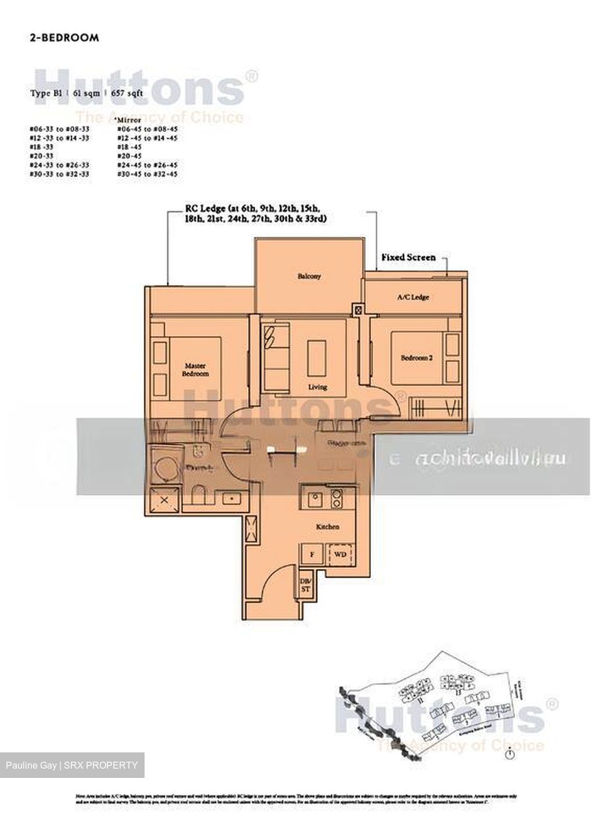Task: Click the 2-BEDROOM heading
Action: tap(64, 38)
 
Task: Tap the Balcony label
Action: tap(309, 276)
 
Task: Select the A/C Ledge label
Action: tap(413, 297)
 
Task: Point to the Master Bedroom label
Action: tap(196, 370)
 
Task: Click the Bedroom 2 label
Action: tap(416, 358)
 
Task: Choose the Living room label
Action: tap(318, 387)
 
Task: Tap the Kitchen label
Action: tap(327, 527)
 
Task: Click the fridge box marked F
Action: tap(312, 554)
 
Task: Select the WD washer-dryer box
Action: tap(340, 554)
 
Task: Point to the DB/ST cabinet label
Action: tap(305, 585)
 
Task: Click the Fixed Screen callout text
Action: tap(408, 257)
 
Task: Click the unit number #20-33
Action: tap(42, 156)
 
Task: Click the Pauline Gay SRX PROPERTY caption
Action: tap(72, 765)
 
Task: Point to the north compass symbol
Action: tap(509, 755)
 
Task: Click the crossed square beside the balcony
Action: tap(358, 310)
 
